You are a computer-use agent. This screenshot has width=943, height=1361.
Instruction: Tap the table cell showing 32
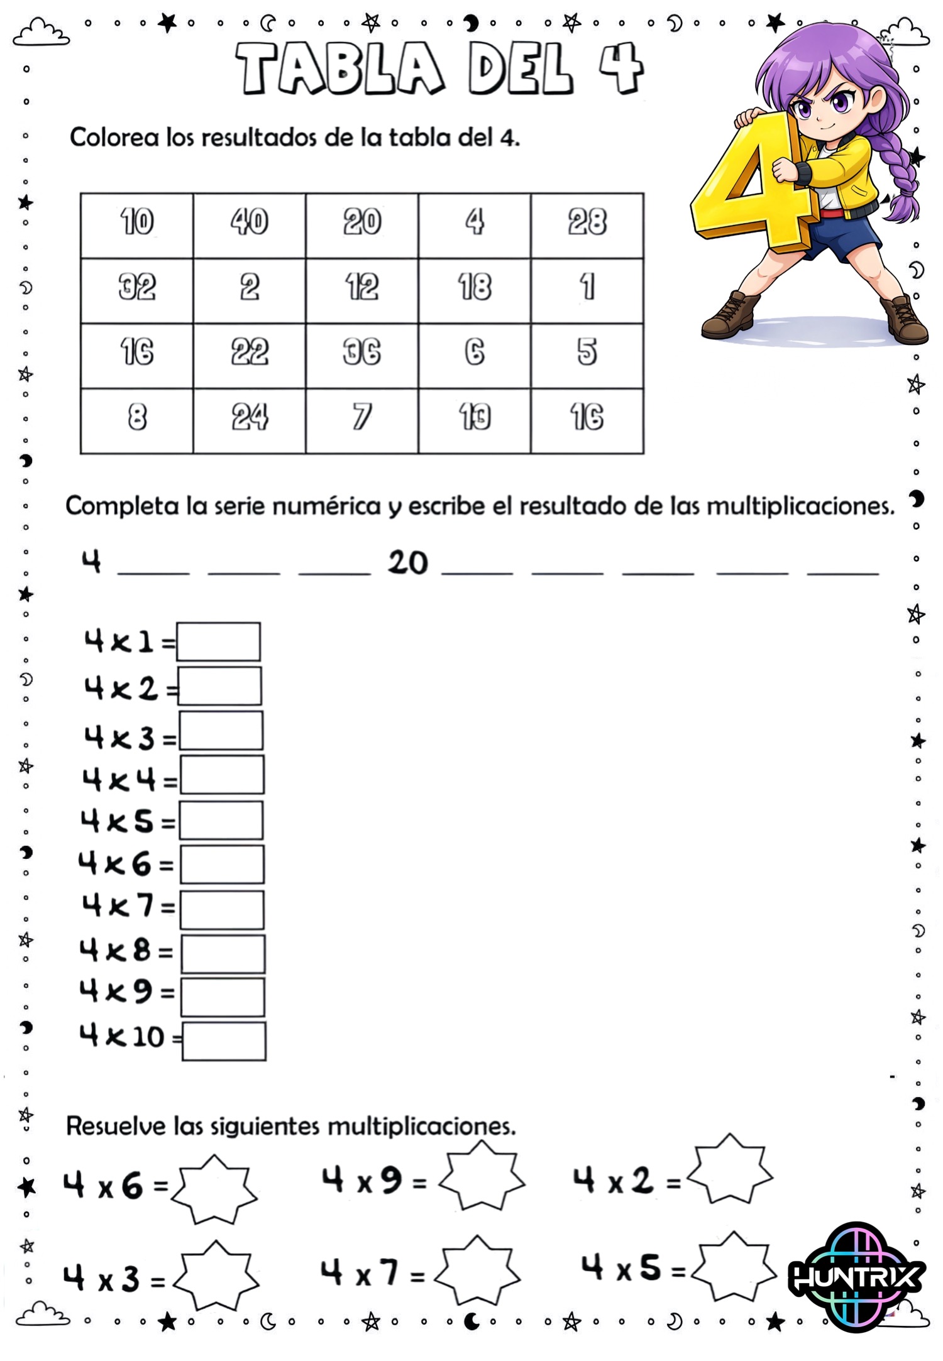pos(136,290)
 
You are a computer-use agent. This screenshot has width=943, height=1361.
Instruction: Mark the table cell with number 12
pos(361,290)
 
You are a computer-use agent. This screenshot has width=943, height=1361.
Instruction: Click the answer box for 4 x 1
pos(218,642)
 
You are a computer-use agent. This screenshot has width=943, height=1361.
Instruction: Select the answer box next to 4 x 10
pos(224,1041)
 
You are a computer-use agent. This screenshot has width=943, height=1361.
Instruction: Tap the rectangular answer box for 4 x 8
pos(223,953)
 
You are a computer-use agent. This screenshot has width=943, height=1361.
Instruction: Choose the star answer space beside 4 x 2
pos(729,1170)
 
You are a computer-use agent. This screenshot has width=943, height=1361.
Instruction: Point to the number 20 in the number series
pos(408,562)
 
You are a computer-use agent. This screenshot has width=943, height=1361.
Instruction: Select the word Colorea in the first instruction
pos(114,138)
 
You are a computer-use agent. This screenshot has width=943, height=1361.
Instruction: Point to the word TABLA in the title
pos(340,68)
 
